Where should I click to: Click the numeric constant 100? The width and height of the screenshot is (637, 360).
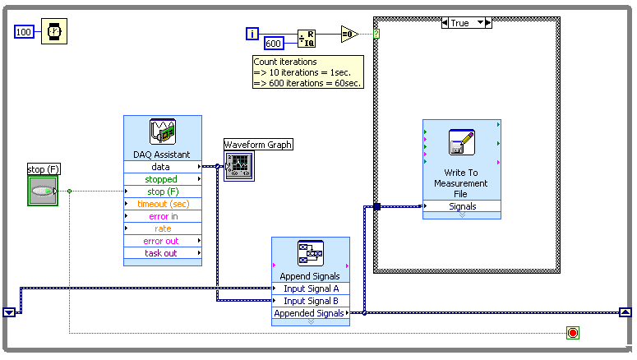coord(25,32)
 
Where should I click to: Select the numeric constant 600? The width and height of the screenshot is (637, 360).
coord(274,44)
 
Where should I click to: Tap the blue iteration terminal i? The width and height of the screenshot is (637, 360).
coord(252,34)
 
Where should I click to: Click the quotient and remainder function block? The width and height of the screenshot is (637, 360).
coord(306,37)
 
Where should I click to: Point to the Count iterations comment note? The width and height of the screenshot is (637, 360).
coord(307,72)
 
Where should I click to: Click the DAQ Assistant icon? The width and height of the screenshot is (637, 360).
coord(162,132)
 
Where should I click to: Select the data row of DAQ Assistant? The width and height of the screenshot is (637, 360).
coord(162,167)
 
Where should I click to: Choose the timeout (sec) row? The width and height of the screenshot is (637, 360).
coord(162,204)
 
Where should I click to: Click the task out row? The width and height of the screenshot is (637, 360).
coord(162,253)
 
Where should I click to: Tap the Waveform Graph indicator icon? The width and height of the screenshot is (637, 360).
coord(239,165)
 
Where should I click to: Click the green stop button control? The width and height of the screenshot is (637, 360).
coord(43,192)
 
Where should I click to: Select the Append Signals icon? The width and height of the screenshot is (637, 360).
coord(310,254)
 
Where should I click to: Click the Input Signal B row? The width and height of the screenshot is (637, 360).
coord(310,301)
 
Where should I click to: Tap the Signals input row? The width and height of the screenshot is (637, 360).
coord(461,206)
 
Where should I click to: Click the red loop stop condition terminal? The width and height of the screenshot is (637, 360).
coord(572,333)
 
